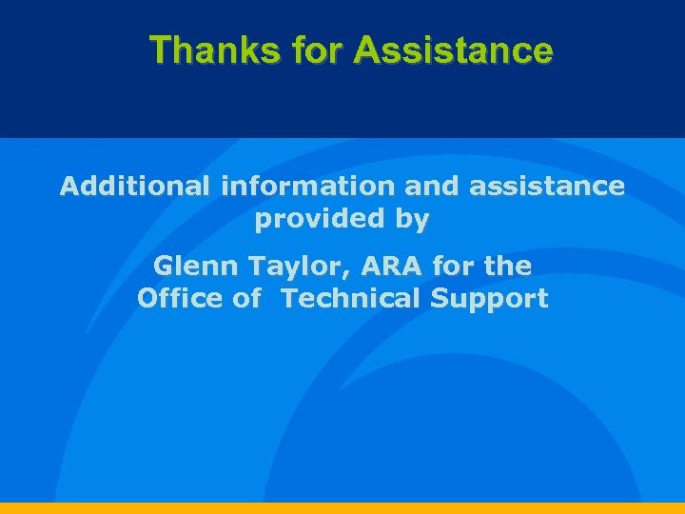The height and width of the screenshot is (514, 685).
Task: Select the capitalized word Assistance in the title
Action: tap(452, 49)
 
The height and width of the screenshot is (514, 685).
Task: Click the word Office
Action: tap(176, 298)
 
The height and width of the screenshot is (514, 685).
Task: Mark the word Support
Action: tap(489, 299)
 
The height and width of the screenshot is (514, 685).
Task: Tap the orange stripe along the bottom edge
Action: tap(342, 508)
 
